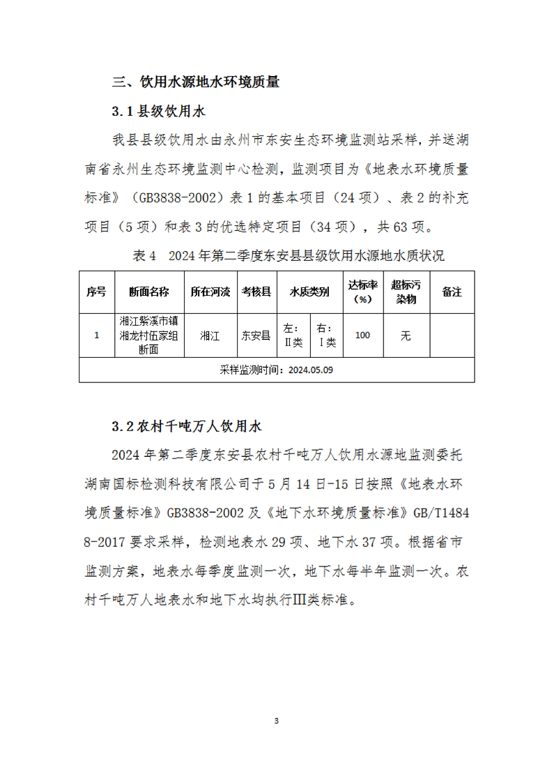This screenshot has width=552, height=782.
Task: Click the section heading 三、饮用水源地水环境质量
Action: tap(196, 82)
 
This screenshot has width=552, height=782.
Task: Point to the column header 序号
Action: tap(96, 292)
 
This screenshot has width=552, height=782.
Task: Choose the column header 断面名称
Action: tap(148, 292)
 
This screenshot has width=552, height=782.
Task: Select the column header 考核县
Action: tap(256, 292)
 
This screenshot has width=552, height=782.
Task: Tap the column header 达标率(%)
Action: tap(362, 292)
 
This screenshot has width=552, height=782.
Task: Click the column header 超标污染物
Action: tap(406, 292)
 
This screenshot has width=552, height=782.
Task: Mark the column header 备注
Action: tap(452, 292)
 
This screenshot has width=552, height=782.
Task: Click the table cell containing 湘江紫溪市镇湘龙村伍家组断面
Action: tap(148, 336)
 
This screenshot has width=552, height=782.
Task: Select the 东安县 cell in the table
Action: tap(256, 336)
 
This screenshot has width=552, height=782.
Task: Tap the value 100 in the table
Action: tap(362, 336)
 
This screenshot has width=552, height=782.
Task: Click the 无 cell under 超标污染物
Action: tap(406, 336)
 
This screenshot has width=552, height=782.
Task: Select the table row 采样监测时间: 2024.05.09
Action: tap(277, 370)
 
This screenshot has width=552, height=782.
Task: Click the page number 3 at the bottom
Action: tap(277, 720)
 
